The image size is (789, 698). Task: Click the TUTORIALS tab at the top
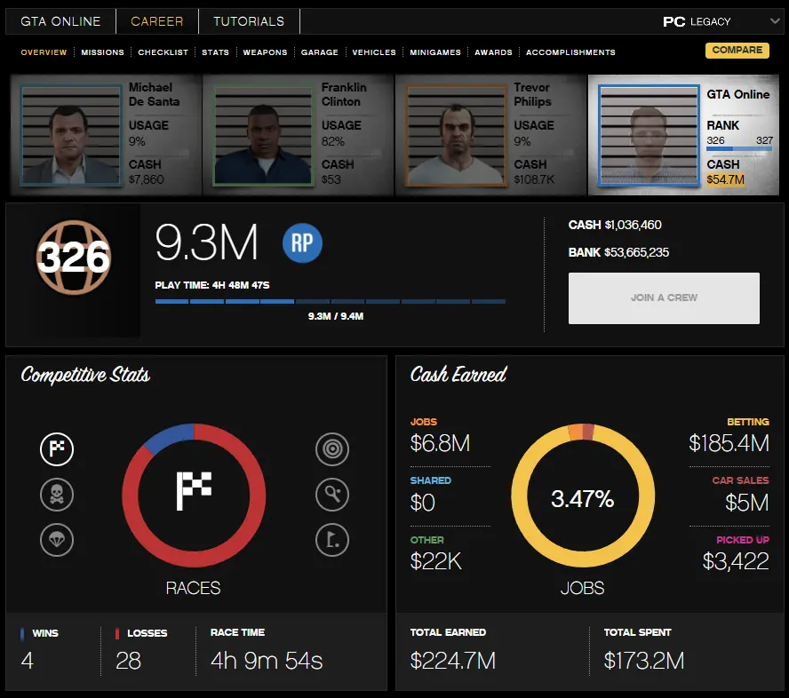[x=249, y=21]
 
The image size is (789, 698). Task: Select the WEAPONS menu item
[x=265, y=52]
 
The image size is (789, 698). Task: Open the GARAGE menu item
[x=319, y=52]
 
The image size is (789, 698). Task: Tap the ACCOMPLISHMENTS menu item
[x=570, y=52]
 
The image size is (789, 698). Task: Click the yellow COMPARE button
[x=737, y=51]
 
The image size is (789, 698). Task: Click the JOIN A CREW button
[x=664, y=297]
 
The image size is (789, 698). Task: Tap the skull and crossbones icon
[x=57, y=495]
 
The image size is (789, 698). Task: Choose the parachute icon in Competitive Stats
[x=57, y=539]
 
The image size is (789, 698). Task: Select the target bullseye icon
[x=331, y=449]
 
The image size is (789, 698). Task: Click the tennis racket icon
[x=331, y=495]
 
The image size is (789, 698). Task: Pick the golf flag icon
[x=331, y=539]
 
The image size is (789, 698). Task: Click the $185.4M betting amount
[x=729, y=442]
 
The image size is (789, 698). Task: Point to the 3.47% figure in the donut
[x=582, y=499]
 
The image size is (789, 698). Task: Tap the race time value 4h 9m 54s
[x=267, y=661]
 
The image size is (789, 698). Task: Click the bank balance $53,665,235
[x=636, y=252]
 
